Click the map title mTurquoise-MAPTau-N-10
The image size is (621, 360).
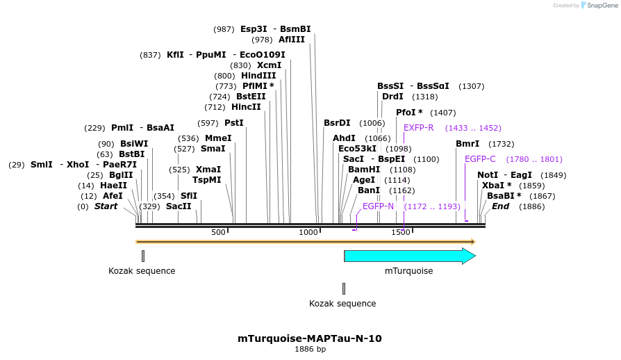(309, 339)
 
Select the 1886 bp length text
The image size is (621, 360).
(310, 350)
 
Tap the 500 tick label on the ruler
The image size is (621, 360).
(218, 232)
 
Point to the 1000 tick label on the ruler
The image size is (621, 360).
(308, 232)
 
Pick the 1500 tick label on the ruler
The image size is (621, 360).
(401, 232)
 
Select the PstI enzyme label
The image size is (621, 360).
(234, 123)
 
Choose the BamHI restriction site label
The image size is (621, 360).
(364, 170)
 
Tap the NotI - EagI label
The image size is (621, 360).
(504, 175)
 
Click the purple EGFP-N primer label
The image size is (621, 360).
(378, 206)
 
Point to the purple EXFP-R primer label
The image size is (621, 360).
(419, 128)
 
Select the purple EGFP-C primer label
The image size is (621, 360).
(480, 159)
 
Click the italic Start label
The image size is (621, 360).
(106, 206)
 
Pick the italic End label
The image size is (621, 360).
(500, 206)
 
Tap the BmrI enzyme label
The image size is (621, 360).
(467, 144)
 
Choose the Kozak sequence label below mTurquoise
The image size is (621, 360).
(342, 304)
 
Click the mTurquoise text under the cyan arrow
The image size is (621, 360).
(409, 271)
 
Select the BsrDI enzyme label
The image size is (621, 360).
(337, 123)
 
